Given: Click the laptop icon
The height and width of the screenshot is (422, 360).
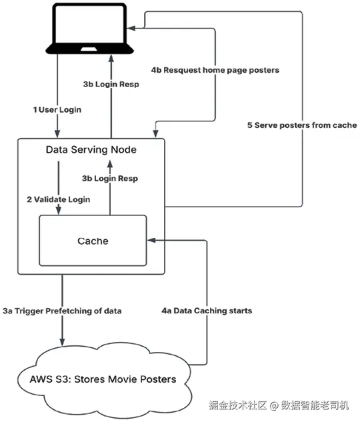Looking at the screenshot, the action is click(89, 28).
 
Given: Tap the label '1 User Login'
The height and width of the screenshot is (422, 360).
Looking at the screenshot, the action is click(57, 110).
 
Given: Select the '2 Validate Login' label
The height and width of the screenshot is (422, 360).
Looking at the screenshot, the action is click(59, 199).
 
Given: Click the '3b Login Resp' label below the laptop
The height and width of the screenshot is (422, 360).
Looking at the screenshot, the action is click(111, 84).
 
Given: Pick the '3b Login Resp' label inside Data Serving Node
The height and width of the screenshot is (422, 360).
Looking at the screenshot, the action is click(110, 179).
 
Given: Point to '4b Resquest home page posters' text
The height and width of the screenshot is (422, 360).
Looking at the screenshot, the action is click(215, 70).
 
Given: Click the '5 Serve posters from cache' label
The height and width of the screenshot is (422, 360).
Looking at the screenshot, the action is click(302, 125).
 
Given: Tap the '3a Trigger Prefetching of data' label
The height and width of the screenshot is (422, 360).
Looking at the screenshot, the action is click(62, 311).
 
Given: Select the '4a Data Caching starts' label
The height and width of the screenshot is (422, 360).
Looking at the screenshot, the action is click(207, 311).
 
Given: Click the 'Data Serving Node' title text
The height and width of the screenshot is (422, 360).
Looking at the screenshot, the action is click(91, 149).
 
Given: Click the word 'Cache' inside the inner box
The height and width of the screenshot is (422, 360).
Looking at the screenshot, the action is click(93, 241).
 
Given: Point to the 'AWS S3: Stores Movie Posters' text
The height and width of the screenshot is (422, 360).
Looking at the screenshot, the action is click(103, 379).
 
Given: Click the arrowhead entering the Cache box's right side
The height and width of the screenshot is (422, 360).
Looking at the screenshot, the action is click(151, 241).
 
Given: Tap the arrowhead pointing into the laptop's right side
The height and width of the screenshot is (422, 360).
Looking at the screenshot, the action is click(131, 28).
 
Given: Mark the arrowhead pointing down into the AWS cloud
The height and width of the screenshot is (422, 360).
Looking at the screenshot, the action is click(62, 341).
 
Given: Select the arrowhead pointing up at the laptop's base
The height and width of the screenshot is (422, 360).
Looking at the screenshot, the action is click(111, 59).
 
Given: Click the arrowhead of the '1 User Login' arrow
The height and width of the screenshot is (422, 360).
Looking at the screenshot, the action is click(57, 133).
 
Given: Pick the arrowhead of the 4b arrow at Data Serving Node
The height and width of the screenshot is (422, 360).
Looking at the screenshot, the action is click(155, 133).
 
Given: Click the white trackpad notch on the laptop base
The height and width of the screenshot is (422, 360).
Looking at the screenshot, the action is click(89, 49).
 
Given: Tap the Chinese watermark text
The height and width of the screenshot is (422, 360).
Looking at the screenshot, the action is click(279, 405).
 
